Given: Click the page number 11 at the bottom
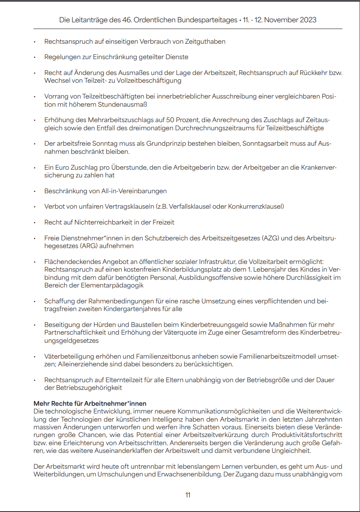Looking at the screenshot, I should (188, 495).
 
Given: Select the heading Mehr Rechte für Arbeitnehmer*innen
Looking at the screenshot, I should (90, 404).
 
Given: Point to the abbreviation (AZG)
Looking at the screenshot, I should (270, 238).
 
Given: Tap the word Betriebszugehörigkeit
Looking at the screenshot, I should (89, 388).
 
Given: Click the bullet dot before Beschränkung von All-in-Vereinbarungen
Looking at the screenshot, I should (35, 191).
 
